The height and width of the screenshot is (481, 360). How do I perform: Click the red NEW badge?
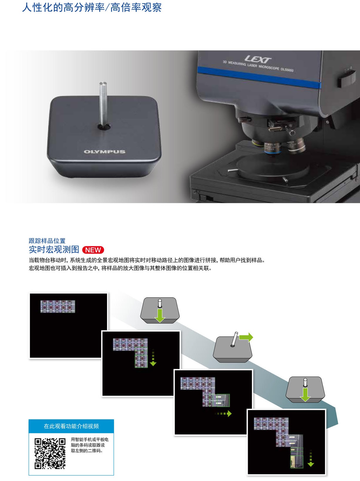(x=93, y=250)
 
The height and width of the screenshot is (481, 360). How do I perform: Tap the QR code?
(x=50, y=453)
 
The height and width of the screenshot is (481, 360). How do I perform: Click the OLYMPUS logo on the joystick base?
(x=105, y=152)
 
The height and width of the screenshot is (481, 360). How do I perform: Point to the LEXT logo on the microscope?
(x=258, y=59)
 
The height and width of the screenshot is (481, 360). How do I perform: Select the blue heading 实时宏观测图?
(x=54, y=249)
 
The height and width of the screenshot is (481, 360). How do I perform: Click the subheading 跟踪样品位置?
(x=47, y=241)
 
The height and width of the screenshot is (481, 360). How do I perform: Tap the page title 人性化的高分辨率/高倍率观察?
(x=92, y=7)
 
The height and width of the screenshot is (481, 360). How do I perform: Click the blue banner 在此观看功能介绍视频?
(x=71, y=426)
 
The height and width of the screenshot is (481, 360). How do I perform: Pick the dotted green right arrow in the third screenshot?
(x=223, y=413)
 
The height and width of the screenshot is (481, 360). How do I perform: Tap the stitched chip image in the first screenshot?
(x=58, y=306)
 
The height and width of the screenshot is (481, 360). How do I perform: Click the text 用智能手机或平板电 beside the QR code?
(x=90, y=439)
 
